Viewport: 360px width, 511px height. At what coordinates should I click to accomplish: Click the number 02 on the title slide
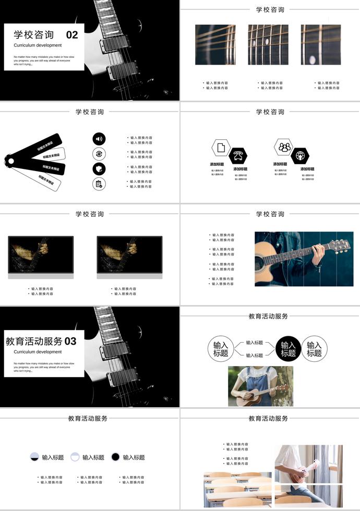[x=72, y=35]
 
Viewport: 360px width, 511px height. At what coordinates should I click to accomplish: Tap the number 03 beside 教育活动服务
[x=70, y=342]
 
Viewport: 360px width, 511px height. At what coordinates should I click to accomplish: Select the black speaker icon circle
[x=99, y=139]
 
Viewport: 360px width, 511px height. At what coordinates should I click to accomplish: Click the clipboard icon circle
[x=99, y=184]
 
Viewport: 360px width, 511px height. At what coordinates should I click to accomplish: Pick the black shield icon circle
[x=99, y=168]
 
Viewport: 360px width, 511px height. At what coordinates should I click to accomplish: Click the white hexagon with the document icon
[x=221, y=148]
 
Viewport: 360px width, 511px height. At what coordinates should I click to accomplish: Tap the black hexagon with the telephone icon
[x=238, y=155]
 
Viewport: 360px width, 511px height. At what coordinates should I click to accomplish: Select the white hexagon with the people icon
[x=284, y=148]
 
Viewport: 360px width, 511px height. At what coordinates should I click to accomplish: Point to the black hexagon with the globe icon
[x=300, y=155]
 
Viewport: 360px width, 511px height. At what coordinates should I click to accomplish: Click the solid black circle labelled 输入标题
[x=288, y=348]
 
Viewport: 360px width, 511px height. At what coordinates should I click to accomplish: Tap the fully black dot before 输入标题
[x=115, y=457]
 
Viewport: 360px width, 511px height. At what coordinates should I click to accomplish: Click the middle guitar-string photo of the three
[x=268, y=45]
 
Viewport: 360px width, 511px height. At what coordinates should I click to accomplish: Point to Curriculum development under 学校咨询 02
[x=38, y=45]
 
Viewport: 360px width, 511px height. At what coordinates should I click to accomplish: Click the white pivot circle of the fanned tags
[x=10, y=161]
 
